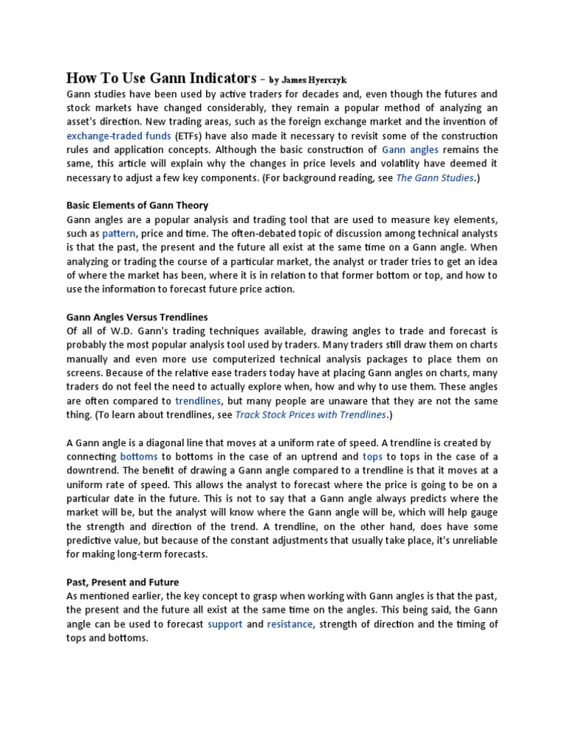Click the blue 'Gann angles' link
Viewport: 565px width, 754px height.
coord(411,149)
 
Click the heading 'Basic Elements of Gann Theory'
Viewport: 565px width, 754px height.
coord(138,205)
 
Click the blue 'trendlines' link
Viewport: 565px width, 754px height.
coord(198,401)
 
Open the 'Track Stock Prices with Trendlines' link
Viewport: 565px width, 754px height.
coord(310,415)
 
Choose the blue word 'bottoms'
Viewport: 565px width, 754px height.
coord(139,457)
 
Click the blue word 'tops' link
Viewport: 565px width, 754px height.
coord(372,457)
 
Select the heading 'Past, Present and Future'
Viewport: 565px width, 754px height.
coord(123,582)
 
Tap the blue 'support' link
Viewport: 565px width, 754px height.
coord(225,624)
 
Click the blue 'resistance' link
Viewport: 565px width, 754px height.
coord(289,624)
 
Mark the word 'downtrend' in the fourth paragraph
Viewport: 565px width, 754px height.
coord(92,471)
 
